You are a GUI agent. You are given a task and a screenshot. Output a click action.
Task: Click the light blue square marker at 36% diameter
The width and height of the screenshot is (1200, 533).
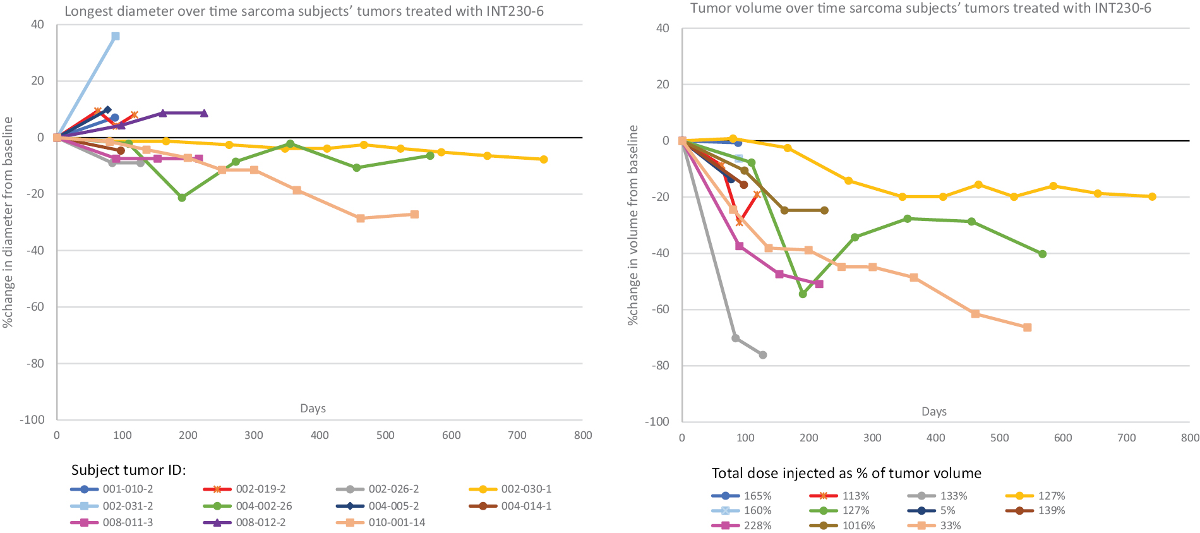coord(116,37)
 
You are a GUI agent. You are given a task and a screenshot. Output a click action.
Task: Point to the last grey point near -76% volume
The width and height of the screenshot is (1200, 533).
coord(763,355)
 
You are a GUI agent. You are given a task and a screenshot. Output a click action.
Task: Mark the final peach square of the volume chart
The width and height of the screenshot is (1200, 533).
coord(1028,328)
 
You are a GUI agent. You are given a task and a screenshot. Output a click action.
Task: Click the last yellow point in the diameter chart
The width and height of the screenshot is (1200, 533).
coord(544,159)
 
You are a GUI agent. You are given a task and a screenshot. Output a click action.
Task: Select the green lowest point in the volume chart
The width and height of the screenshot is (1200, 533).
coord(803,294)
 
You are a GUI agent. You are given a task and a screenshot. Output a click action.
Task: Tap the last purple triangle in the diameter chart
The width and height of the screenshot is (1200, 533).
coord(204,114)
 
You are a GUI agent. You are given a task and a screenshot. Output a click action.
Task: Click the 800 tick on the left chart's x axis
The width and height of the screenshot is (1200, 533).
coord(582,435)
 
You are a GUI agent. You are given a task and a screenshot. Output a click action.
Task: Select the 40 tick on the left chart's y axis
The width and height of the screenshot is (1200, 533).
coord(37,25)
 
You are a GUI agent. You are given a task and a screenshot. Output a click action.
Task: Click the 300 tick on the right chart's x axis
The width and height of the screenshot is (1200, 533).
coord(872,438)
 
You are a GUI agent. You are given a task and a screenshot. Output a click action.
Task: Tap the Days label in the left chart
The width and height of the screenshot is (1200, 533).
coord(313,409)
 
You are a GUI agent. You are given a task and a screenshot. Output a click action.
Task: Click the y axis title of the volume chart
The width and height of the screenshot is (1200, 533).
coord(633,225)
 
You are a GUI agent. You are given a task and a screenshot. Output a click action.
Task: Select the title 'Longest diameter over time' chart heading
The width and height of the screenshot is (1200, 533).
coord(304,11)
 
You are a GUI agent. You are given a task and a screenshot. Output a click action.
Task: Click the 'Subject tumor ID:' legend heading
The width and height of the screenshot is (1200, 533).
coord(128,470)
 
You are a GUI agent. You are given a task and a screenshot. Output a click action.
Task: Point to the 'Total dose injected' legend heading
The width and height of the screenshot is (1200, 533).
coord(846,474)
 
